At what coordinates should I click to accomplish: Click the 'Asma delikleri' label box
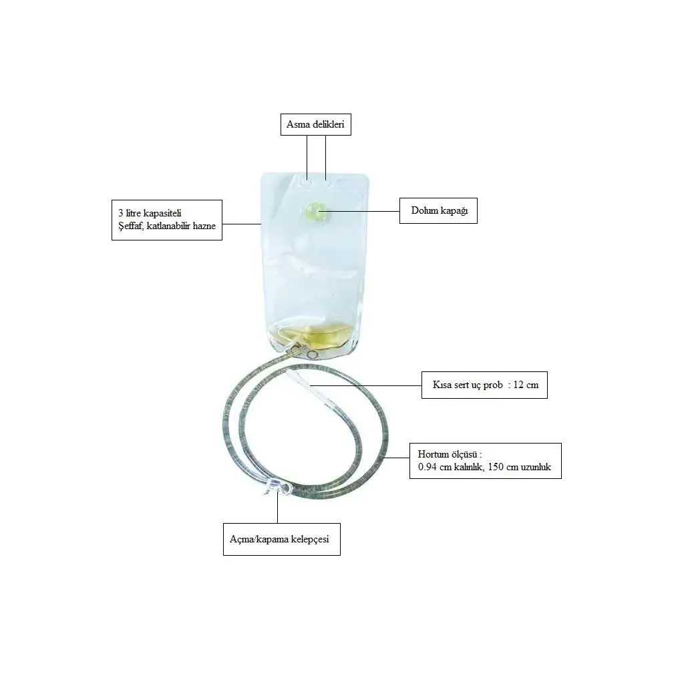[x=316, y=124]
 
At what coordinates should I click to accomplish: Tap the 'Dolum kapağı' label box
[x=438, y=210]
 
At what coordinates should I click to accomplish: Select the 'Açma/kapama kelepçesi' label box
[x=282, y=539]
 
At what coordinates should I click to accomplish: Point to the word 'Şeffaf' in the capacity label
[x=130, y=226]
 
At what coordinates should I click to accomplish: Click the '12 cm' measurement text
[x=526, y=385]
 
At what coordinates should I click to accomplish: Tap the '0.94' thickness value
[x=427, y=467]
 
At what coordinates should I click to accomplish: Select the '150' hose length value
[x=496, y=467]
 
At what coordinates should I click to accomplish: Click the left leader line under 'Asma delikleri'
[x=307, y=157]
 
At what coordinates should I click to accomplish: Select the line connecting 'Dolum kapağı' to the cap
[x=361, y=212]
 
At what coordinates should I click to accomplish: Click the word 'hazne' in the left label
[x=204, y=226]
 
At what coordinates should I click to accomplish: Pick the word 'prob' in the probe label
[x=493, y=385]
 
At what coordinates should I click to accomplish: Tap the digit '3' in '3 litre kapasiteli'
[x=121, y=213]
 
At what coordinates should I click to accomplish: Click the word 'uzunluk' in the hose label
[x=536, y=467]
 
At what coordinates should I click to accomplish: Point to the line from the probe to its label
[x=365, y=385]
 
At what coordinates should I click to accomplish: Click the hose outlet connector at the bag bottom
[x=297, y=348]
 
